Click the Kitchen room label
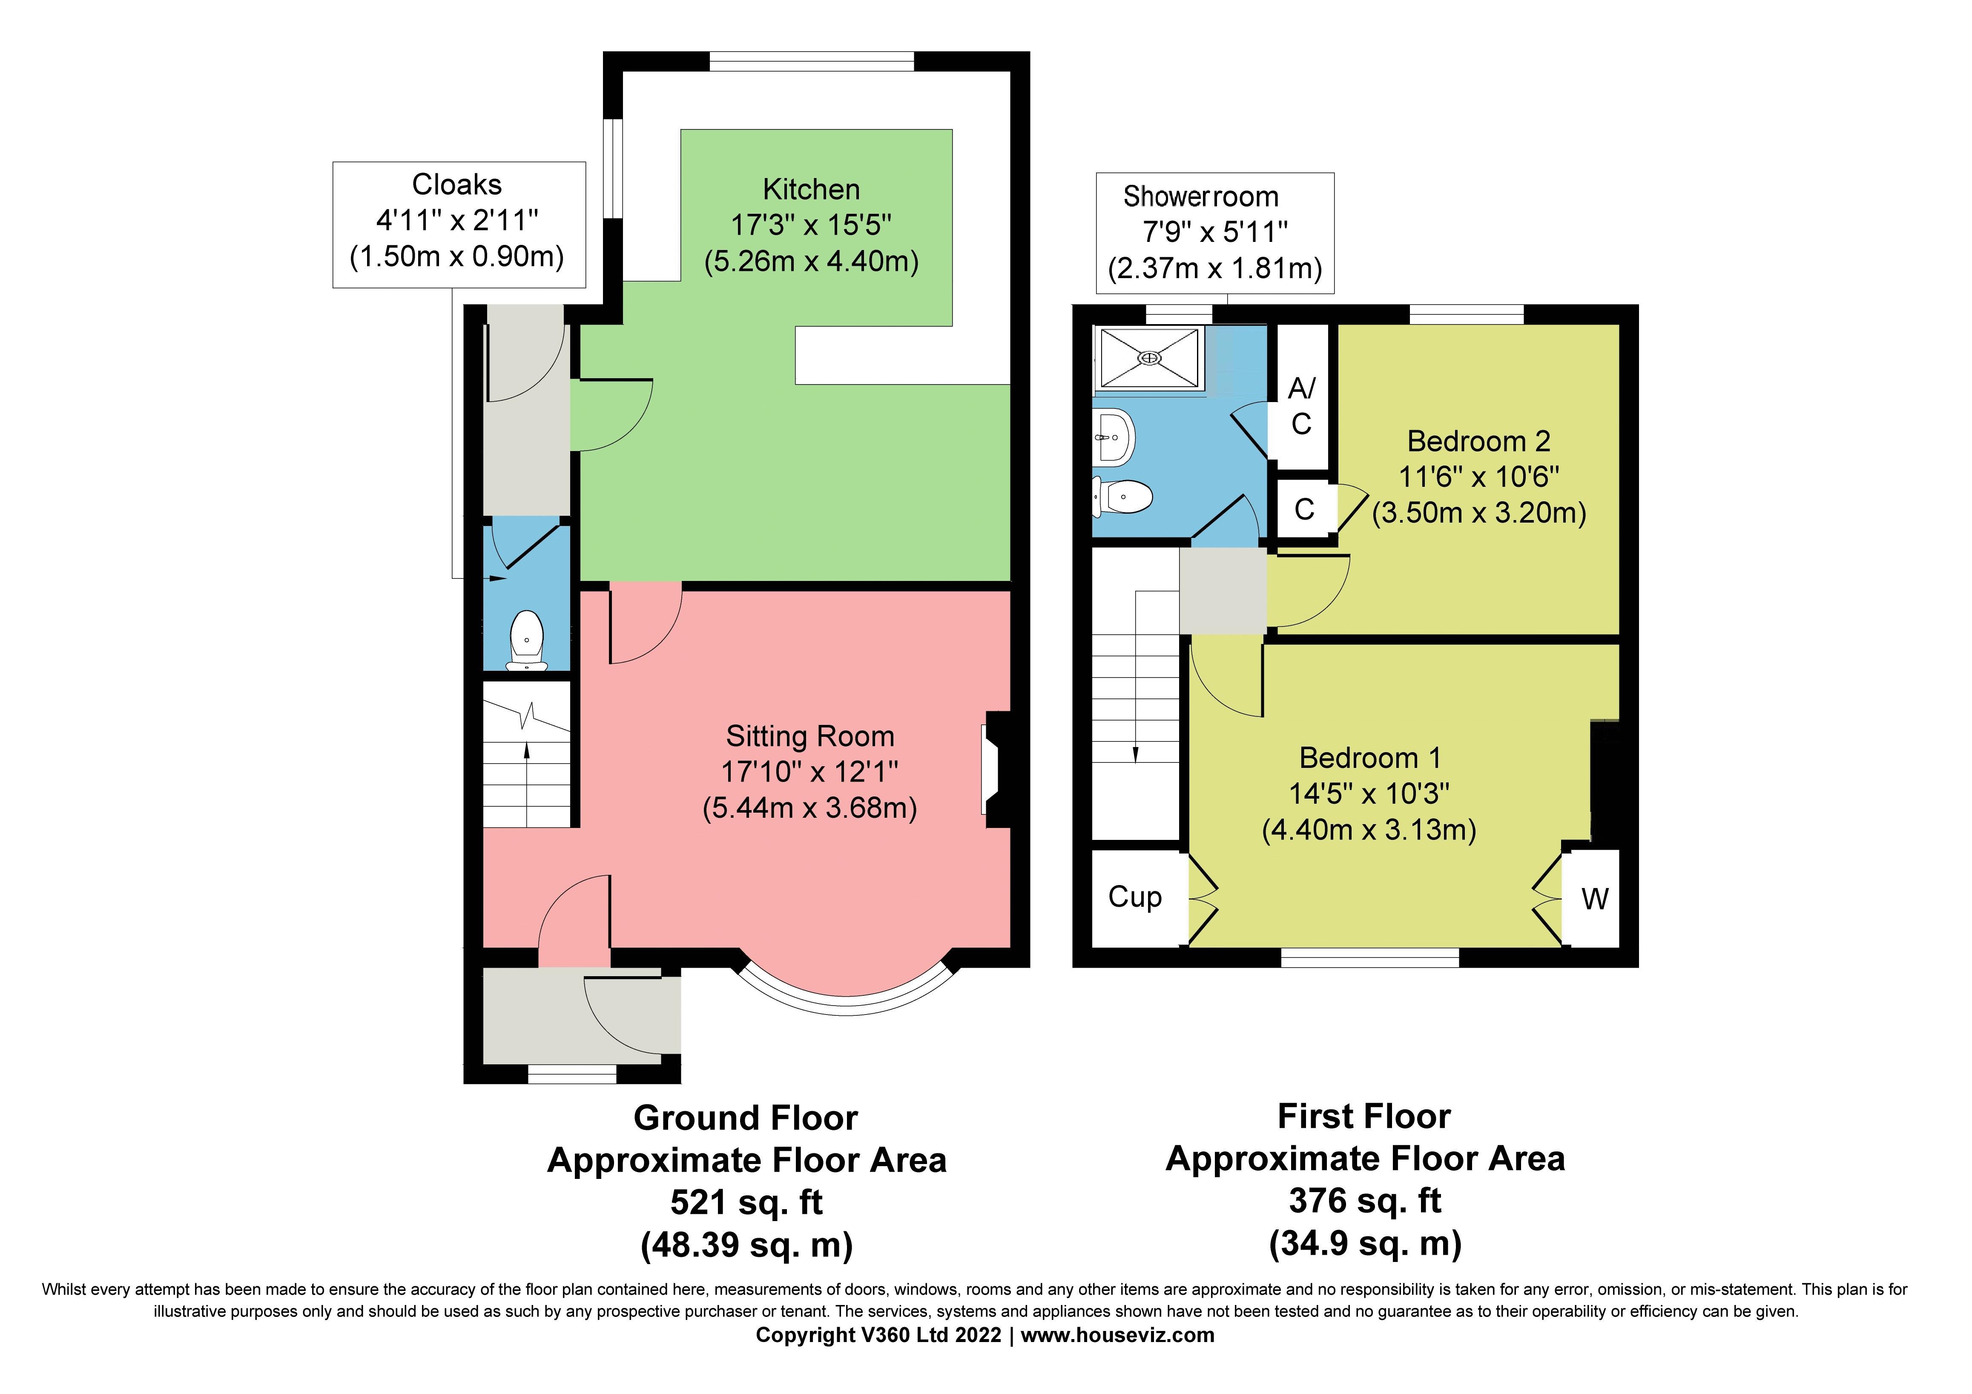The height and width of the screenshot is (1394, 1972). pyautogui.click(x=811, y=189)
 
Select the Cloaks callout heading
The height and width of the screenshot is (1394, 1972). pyautogui.click(x=457, y=185)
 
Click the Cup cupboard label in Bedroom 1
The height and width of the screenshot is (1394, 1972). pyautogui.click(x=1134, y=897)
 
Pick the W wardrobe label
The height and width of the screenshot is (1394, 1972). pyautogui.click(x=1595, y=899)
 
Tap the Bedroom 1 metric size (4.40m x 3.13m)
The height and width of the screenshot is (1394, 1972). pyautogui.click(x=1369, y=830)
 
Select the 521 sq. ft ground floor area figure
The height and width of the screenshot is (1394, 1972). pyautogui.click(x=746, y=1202)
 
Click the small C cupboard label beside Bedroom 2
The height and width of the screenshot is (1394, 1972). pyautogui.click(x=1304, y=509)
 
